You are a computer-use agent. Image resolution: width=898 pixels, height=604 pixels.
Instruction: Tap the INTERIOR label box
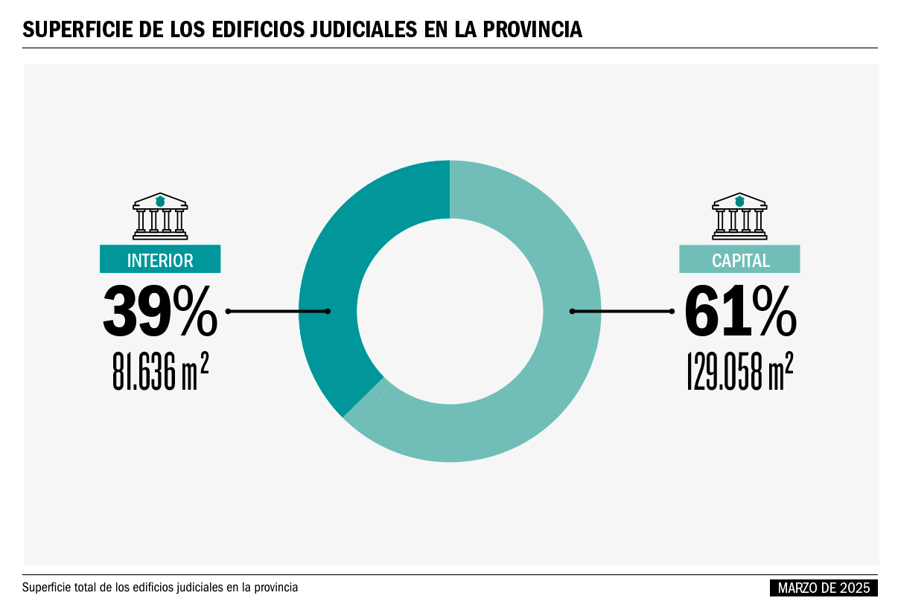160,260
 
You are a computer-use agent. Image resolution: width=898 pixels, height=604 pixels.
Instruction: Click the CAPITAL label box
739,260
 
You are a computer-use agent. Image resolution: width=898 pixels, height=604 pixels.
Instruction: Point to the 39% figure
159,311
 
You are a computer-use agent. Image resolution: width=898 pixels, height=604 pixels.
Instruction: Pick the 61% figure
740,311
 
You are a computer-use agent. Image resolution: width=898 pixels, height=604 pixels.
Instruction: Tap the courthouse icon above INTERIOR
160,216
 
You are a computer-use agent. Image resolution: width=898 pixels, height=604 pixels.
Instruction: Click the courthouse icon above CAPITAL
739,216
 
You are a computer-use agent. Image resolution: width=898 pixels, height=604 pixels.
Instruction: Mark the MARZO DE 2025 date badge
824,588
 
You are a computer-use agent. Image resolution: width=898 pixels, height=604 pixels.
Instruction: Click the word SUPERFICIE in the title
75,30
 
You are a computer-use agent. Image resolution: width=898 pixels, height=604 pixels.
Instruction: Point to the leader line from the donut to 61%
622,311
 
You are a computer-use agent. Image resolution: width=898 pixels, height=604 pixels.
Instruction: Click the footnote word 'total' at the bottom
89,588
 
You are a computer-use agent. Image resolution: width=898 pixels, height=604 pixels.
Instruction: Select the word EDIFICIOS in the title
254,30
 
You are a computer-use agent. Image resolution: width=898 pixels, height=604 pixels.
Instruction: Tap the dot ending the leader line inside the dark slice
328,311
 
